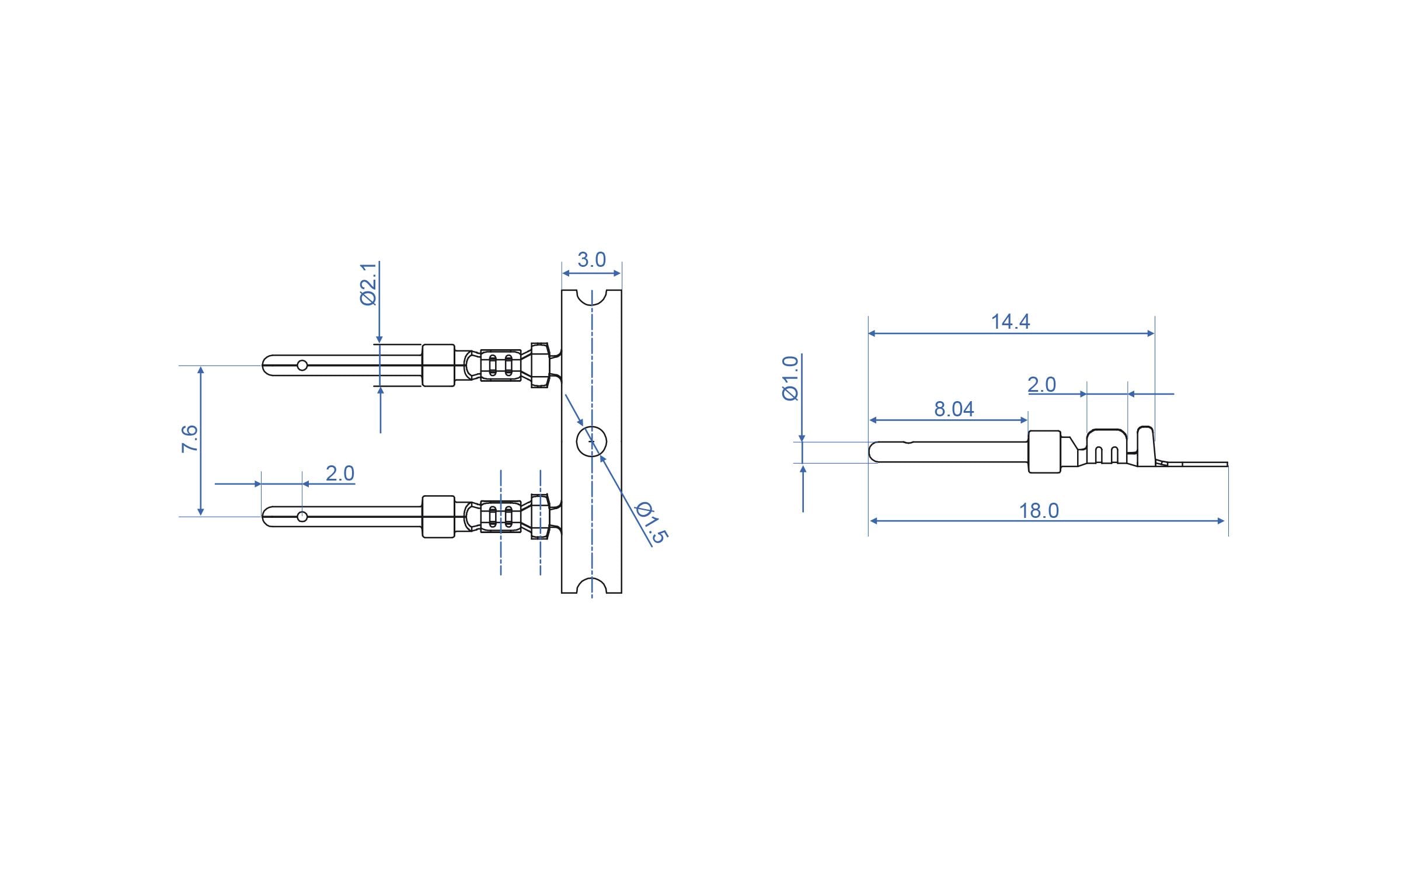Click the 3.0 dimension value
coord(591,260)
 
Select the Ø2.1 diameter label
coord(368,284)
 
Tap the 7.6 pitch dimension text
coord(190,439)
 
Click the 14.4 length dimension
coord(1010,321)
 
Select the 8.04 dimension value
coord(954,409)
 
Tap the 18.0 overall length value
coord(1039,511)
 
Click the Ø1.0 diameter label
coord(790,378)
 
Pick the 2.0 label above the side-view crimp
coord(1041,385)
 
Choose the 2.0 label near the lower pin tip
coord(340,473)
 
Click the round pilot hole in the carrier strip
coord(591,441)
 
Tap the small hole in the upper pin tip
coord(302,366)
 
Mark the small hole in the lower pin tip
coord(302,516)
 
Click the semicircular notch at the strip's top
coord(591,297)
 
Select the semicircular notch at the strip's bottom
coord(591,586)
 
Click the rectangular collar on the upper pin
coord(438,366)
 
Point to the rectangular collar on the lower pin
coord(438,516)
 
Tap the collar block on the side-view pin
coord(1044,451)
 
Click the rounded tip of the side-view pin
coord(874,453)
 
